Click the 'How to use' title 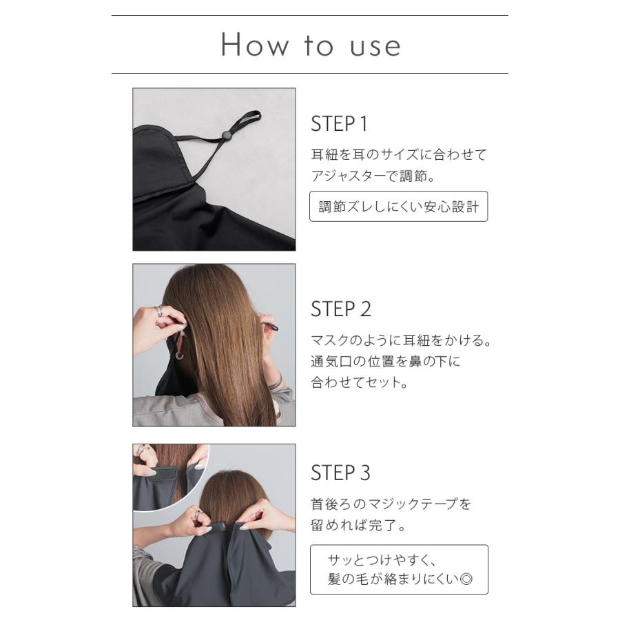[310, 45]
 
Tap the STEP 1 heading [340, 125]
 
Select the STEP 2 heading [341, 310]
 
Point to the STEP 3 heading [340, 473]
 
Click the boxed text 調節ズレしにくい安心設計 [398, 206]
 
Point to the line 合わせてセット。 [360, 383]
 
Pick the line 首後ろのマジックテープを [391, 504]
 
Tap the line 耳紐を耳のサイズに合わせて [398, 154]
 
